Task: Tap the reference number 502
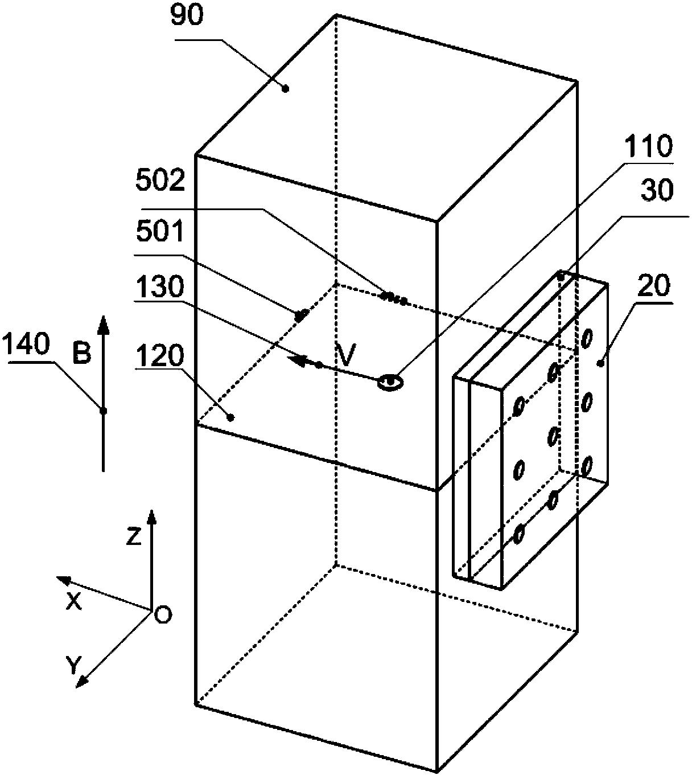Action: [161, 181]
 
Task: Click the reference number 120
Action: [161, 356]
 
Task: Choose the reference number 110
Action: [648, 147]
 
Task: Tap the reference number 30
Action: [657, 191]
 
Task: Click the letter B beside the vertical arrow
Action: [83, 354]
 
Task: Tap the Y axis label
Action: [72, 664]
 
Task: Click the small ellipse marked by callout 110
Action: [390, 382]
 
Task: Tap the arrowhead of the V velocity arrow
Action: [295, 360]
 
